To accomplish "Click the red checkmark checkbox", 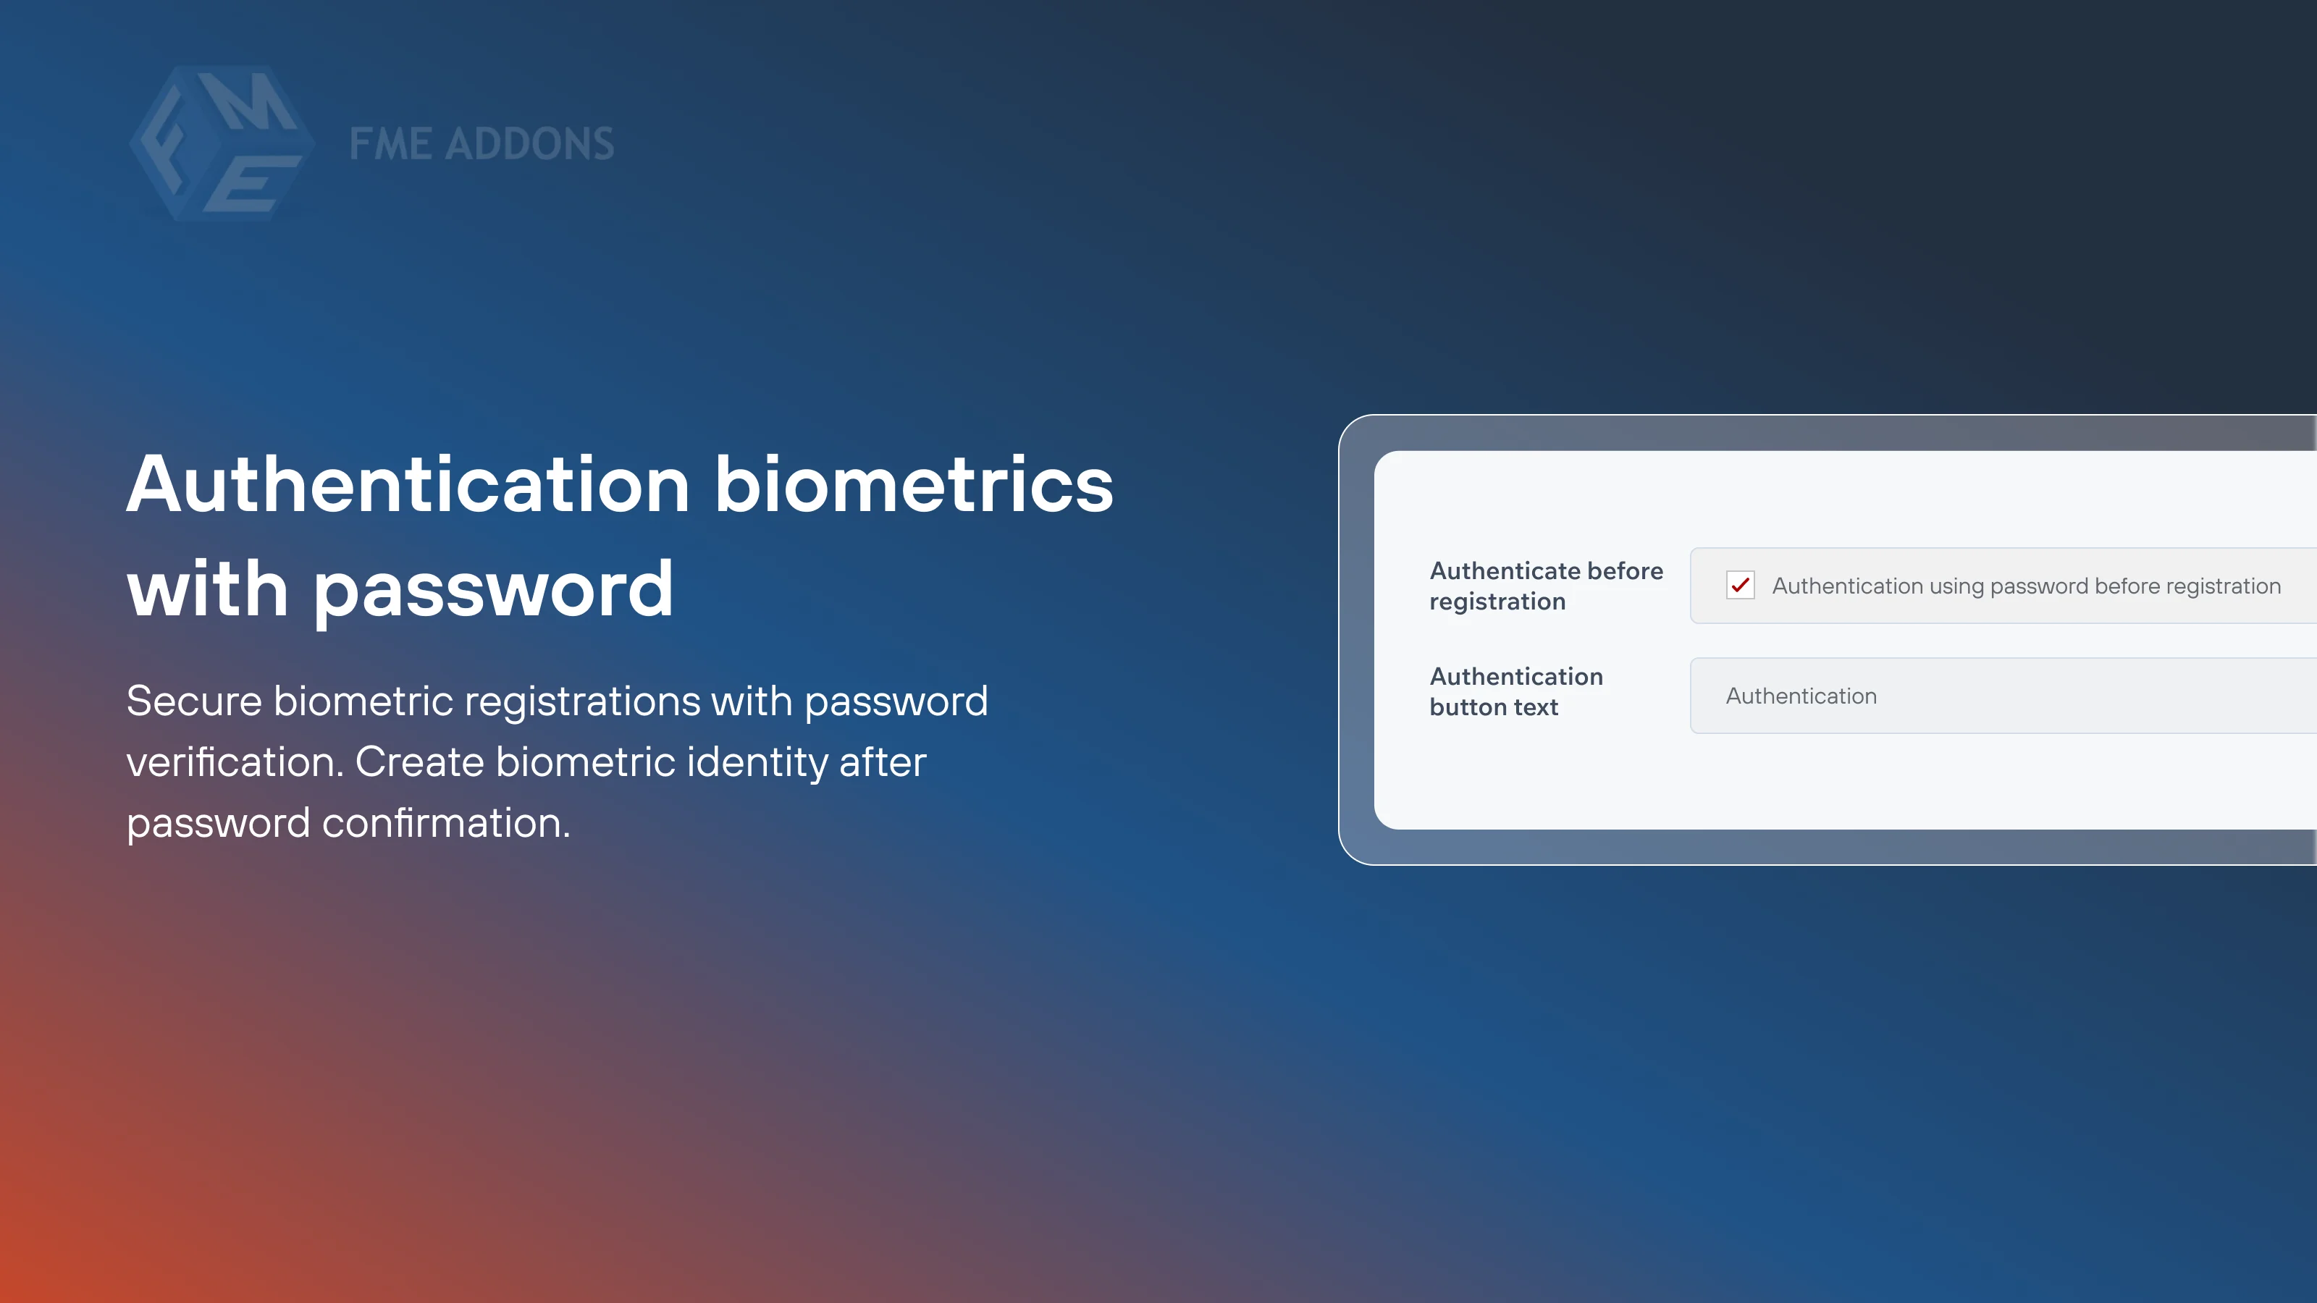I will click(x=1739, y=586).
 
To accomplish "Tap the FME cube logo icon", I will click(x=222, y=143).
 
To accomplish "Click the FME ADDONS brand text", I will click(x=482, y=144).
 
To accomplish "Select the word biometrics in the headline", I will click(x=914, y=485).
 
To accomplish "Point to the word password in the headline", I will click(x=493, y=590).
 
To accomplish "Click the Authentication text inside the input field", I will click(x=1801, y=696).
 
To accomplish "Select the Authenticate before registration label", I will click(x=1545, y=586).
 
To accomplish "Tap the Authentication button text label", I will click(x=1515, y=691).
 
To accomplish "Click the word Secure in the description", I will click(x=193, y=701).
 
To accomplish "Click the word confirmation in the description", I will click(x=445, y=824).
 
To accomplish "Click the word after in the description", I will click(x=881, y=762).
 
